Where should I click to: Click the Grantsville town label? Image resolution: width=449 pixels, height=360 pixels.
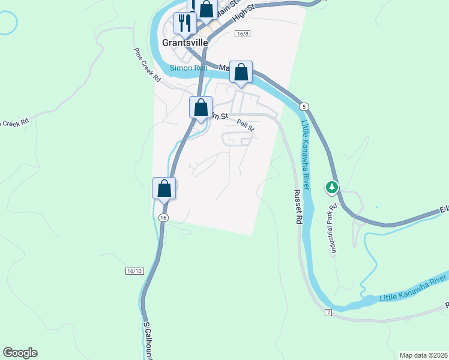point(185,43)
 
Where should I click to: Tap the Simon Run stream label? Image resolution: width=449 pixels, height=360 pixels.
point(188,68)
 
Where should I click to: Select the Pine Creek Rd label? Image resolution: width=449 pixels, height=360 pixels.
point(147,65)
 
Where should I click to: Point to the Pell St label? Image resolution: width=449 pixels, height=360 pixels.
point(246,125)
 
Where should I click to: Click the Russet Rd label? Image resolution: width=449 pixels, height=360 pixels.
point(297,206)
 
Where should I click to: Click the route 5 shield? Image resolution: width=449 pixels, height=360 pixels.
point(305,106)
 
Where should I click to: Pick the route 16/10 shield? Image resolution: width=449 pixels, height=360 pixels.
point(135,271)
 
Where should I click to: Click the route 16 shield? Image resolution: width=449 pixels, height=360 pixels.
point(163,218)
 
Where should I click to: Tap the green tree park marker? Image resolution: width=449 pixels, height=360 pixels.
point(331,188)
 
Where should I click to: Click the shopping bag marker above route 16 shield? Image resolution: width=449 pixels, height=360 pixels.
point(164,188)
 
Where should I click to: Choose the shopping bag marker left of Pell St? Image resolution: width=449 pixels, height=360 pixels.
point(201,108)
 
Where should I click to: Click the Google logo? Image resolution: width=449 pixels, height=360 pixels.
point(20,353)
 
